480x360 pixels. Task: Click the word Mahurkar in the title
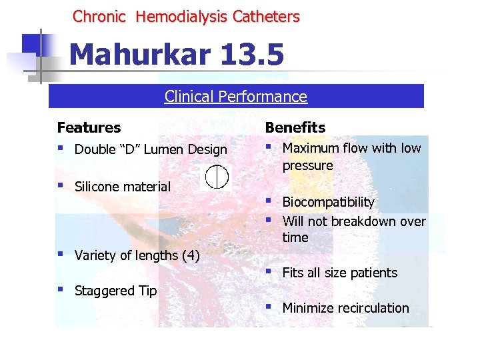tap(140, 55)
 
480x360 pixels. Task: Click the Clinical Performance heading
tap(236, 97)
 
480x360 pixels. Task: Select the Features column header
tap(89, 127)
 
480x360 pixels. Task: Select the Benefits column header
tap(295, 127)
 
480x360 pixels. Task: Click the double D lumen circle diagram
tap(217, 177)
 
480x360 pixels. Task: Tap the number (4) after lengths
tap(190, 255)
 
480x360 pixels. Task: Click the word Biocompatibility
tap(329, 202)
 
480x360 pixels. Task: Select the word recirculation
tap(374, 308)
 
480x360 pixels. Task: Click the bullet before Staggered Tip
tap(61, 289)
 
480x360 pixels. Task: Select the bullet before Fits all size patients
tap(268, 271)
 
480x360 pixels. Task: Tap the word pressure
tap(307, 165)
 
